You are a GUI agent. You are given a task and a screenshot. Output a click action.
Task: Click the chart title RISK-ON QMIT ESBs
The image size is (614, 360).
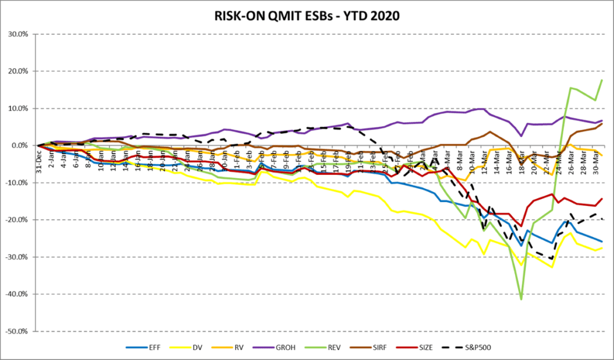click(306, 16)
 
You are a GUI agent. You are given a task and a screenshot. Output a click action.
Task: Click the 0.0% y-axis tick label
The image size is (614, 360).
click(23, 146)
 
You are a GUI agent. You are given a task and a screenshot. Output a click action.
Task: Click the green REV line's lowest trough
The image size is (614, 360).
click(521, 300)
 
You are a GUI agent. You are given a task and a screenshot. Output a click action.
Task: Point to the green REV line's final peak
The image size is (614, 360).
click(602, 80)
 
